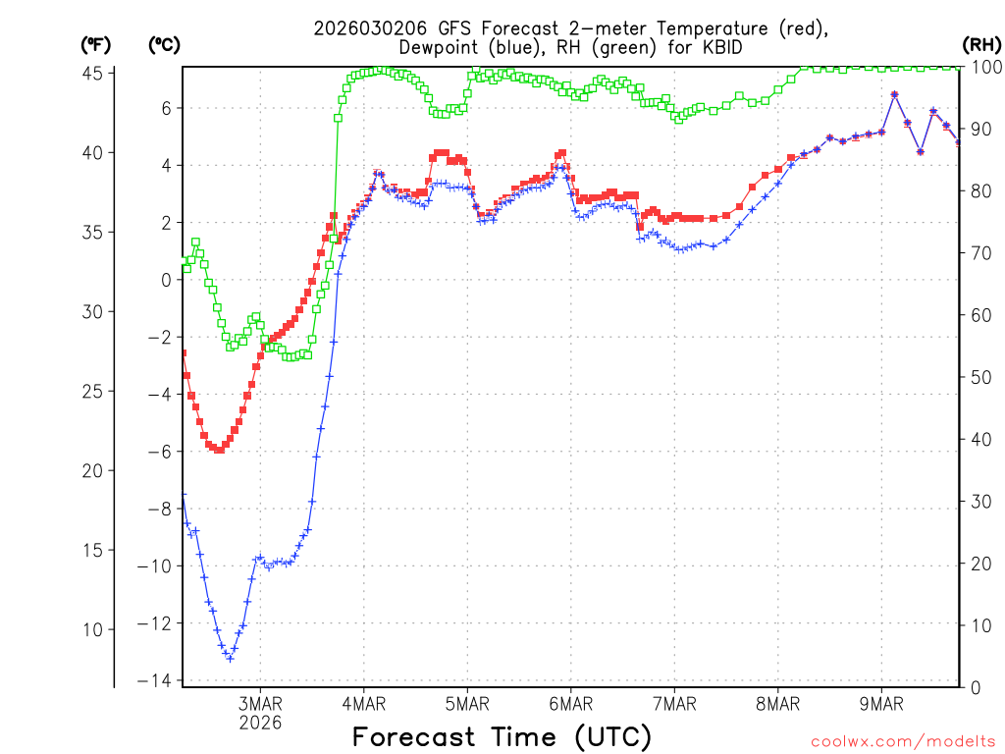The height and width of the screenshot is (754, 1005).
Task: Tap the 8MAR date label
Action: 777,703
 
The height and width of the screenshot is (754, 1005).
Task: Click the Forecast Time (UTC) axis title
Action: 502,736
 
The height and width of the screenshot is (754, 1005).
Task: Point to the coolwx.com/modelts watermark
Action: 903,741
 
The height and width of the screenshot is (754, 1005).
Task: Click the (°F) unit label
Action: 95,44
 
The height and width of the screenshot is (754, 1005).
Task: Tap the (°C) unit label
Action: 164,44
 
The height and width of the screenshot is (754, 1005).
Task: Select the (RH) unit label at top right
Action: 979,44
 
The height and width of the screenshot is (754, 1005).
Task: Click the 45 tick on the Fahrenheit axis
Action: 94,73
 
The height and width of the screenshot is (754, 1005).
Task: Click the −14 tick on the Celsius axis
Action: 157,680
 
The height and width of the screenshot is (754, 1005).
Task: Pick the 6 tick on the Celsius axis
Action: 166,108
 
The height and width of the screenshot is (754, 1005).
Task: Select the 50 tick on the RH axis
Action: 979,376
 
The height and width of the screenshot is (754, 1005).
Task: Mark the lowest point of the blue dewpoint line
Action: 230,658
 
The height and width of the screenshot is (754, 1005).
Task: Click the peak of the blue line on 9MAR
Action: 894,94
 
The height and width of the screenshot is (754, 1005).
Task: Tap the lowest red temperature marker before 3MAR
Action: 218,450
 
